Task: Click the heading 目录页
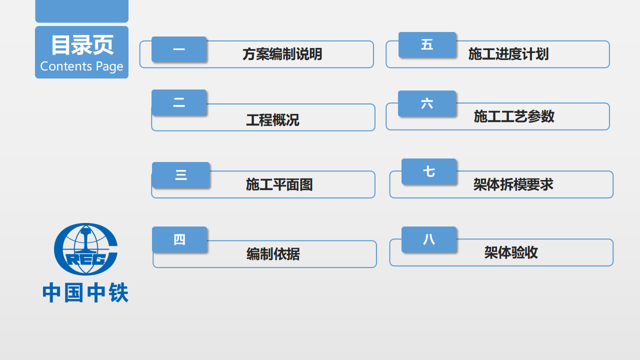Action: click(82, 45)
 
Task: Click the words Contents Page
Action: click(81, 66)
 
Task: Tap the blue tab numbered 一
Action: click(179, 49)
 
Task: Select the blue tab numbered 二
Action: click(179, 102)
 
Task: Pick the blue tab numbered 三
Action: click(181, 175)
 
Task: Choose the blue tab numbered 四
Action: click(179, 239)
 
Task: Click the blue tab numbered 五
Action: click(427, 45)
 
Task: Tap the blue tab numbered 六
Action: click(427, 103)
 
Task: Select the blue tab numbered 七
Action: click(429, 171)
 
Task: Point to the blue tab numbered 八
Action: click(429, 239)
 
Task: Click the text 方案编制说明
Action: click(282, 54)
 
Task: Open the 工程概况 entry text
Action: click(272, 120)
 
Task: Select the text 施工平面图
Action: click(279, 184)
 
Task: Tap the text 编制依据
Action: click(273, 254)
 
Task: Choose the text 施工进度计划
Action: click(508, 54)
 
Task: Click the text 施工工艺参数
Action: click(514, 116)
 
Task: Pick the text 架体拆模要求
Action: click(513, 184)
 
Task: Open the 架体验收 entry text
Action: click(511, 252)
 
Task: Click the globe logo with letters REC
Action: click(85, 249)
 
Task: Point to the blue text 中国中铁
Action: click(85, 292)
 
